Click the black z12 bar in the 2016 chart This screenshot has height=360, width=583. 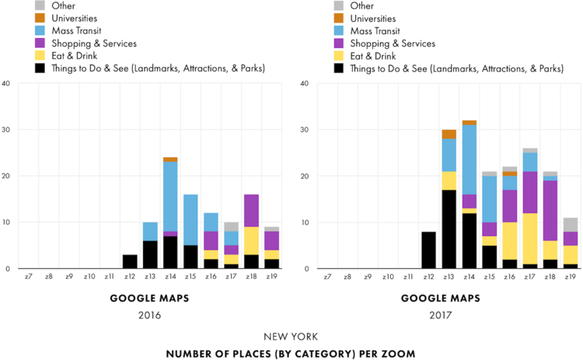[131, 261]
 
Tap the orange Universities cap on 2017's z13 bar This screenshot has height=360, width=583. [449, 134]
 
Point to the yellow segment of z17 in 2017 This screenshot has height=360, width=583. [529, 238]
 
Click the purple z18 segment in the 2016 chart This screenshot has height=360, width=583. [252, 210]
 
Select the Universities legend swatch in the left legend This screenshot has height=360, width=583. [40, 18]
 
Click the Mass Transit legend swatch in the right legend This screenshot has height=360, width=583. [339, 31]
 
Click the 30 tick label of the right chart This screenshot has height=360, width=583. [304, 130]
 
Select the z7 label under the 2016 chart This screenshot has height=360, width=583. [29, 276]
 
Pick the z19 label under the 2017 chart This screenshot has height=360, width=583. [570, 276]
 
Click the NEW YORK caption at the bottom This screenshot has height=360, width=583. [290, 337]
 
